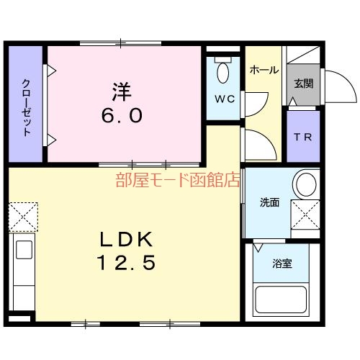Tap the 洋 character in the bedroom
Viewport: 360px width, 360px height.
121,93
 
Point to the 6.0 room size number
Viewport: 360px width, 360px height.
121,115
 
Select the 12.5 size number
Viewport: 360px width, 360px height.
127,263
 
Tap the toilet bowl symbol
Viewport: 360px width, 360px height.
223,72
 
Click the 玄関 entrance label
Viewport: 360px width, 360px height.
303,83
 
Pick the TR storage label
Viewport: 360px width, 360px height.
303,138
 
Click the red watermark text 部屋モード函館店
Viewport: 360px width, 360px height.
177,181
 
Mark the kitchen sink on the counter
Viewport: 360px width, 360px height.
23,251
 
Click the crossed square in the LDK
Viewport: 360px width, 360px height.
21,215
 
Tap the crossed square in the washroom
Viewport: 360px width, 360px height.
305,214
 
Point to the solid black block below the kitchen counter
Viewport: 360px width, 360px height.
22,317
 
